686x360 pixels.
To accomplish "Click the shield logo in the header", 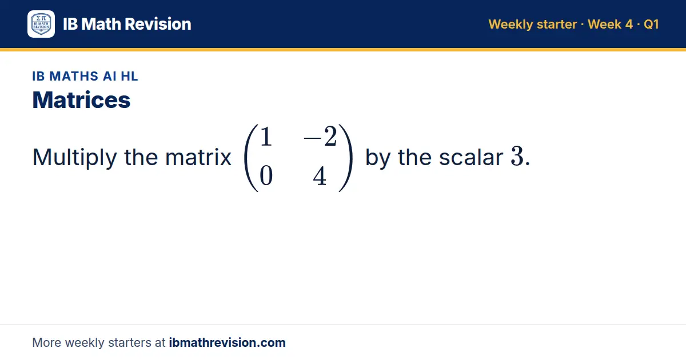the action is (x=41, y=24).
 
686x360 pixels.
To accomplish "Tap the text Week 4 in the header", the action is (x=610, y=24).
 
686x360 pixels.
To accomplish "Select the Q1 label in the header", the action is (x=651, y=24).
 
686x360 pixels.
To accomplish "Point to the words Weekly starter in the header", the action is (x=533, y=25).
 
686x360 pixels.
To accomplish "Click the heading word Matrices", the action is (x=81, y=100).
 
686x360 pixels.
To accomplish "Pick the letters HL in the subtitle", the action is (x=129, y=76).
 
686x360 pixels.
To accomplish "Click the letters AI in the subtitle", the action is (x=109, y=76).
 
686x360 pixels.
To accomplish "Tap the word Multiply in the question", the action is (x=74, y=158).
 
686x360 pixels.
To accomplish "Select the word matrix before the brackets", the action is (x=198, y=157).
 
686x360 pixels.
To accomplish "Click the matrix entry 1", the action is (x=266, y=137).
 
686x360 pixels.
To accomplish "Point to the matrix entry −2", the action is (x=320, y=137).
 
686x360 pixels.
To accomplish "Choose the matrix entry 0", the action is (x=266, y=176).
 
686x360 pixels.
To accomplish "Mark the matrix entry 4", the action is (x=320, y=176).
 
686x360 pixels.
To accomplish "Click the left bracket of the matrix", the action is (x=251, y=158).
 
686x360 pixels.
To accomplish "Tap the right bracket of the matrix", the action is (x=346, y=158).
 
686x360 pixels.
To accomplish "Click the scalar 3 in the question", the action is (x=517, y=157).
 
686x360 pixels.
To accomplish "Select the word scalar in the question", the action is (x=471, y=157).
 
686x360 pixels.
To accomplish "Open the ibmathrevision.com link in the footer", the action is (x=228, y=342).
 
